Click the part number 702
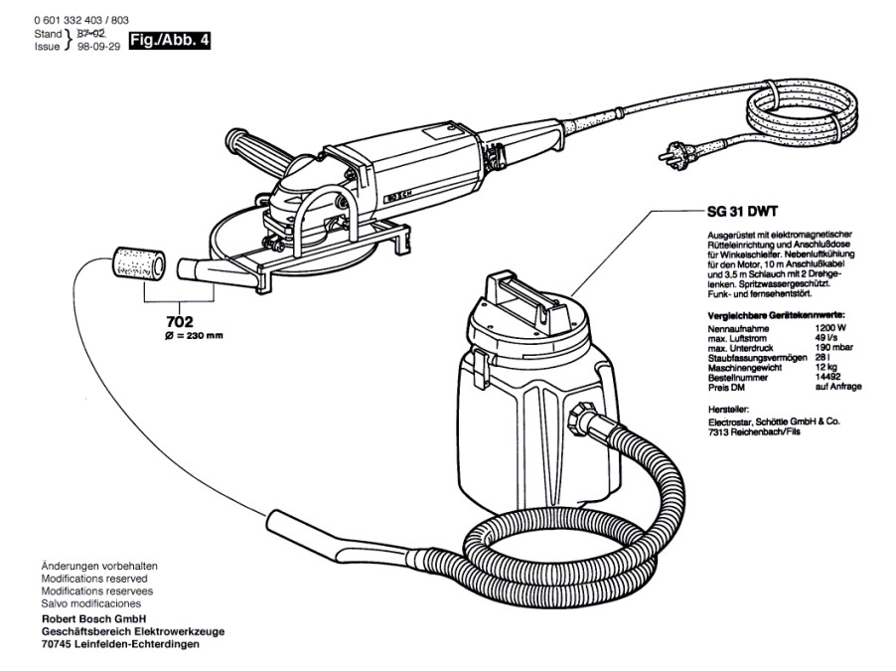tap(180, 321)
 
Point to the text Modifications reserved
tap(93, 578)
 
